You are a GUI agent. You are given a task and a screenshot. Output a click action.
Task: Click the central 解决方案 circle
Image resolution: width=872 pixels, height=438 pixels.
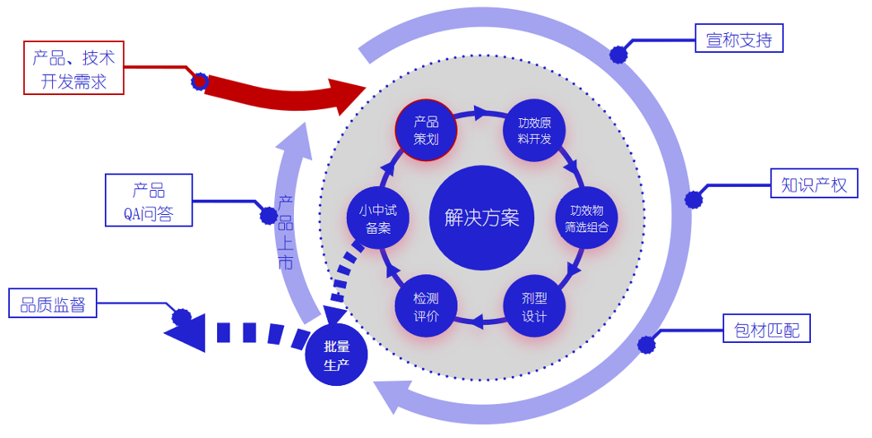tap(481, 218)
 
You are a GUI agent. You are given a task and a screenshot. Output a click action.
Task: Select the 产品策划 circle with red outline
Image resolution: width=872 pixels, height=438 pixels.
tap(426, 131)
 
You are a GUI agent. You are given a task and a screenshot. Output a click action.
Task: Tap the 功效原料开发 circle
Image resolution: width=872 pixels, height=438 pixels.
tap(535, 131)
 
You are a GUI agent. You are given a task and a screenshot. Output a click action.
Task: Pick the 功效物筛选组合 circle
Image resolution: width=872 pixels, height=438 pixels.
tap(586, 218)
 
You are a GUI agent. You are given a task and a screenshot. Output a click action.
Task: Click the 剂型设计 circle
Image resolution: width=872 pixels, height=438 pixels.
tap(534, 306)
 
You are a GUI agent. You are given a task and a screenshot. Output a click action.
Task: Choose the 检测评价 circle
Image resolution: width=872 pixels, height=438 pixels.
tap(426, 306)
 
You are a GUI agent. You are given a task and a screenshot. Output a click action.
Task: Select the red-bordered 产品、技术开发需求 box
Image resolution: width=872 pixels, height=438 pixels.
tap(73, 68)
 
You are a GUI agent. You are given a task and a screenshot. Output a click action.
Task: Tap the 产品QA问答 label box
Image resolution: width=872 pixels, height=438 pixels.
tap(149, 200)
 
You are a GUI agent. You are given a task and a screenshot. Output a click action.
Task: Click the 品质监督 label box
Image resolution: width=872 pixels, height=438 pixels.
tap(53, 303)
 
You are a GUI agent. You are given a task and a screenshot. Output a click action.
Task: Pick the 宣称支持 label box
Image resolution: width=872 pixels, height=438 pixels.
tap(738, 39)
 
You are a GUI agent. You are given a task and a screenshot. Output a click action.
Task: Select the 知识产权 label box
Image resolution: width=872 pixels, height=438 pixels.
tap(813, 183)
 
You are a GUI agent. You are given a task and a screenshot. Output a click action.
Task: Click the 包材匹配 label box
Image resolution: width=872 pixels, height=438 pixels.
tap(766, 329)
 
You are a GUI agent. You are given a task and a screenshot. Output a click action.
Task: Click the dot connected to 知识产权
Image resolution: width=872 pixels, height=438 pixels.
tap(694, 199)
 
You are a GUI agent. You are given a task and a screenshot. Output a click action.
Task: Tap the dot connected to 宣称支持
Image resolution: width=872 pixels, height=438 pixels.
tap(618, 55)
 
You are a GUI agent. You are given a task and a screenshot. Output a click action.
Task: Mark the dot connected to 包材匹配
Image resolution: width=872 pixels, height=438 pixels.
tap(647, 344)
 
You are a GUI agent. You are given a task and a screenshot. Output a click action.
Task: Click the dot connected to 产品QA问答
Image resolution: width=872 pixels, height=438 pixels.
tap(268, 216)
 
